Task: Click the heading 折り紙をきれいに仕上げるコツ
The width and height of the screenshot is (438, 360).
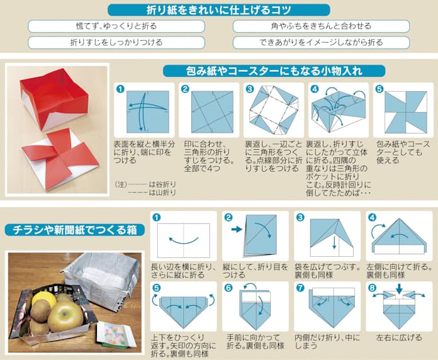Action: pos(219,10)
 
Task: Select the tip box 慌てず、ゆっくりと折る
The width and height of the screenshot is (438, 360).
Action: pos(116,26)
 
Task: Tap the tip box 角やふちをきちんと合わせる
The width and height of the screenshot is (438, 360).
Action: pos(321,26)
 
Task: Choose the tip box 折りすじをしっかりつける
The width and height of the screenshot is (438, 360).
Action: pos(116,42)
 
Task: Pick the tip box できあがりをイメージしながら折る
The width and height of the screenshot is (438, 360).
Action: pos(321,42)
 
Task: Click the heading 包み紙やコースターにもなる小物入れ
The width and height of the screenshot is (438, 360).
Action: pos(274,71)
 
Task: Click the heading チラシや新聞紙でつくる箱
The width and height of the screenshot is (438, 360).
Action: pos(75,230)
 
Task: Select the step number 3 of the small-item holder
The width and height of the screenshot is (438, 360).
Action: pos(249,89)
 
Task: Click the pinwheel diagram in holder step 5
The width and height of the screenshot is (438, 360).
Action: pos(406,112)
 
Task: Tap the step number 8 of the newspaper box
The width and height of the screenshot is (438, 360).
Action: pos(372,288)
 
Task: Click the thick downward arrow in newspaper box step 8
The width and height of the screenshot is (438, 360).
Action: pos(399,289)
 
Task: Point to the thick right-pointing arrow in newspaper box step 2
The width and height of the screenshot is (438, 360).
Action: pos(237,229)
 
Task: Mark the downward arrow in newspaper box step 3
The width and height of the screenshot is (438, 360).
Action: pos(334,242)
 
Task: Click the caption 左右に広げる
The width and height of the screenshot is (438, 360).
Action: pos(399,337)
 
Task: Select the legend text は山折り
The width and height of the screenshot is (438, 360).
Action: pos(162,193)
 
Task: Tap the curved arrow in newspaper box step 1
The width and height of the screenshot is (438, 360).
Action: pos(184,240)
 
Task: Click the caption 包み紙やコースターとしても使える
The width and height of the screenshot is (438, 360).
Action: pos(403,152)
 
